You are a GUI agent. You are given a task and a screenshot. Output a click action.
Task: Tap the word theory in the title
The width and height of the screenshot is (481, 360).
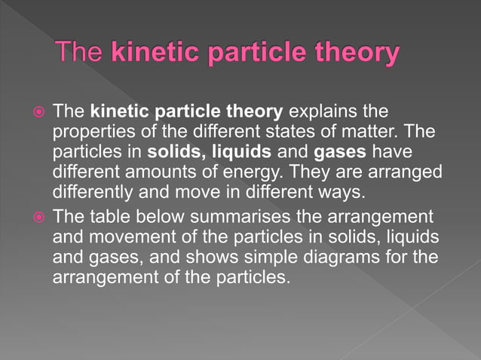click(x=356, y=53)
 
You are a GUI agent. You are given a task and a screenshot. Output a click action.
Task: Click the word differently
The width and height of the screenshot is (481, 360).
click(x=93, y=191)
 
